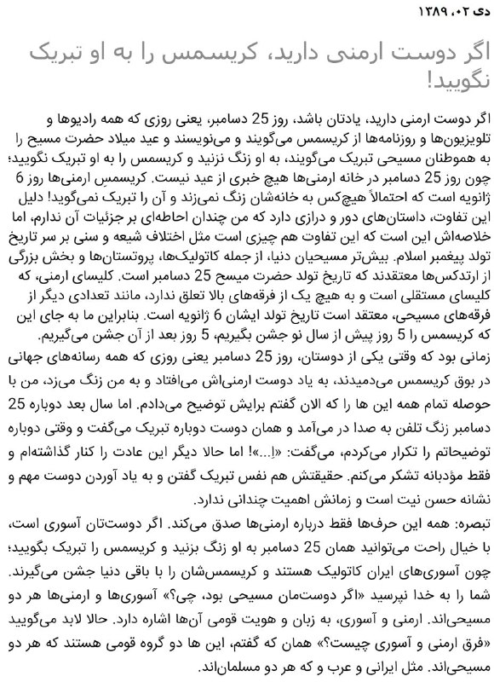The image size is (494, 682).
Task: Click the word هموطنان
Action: [x=435, y=157]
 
